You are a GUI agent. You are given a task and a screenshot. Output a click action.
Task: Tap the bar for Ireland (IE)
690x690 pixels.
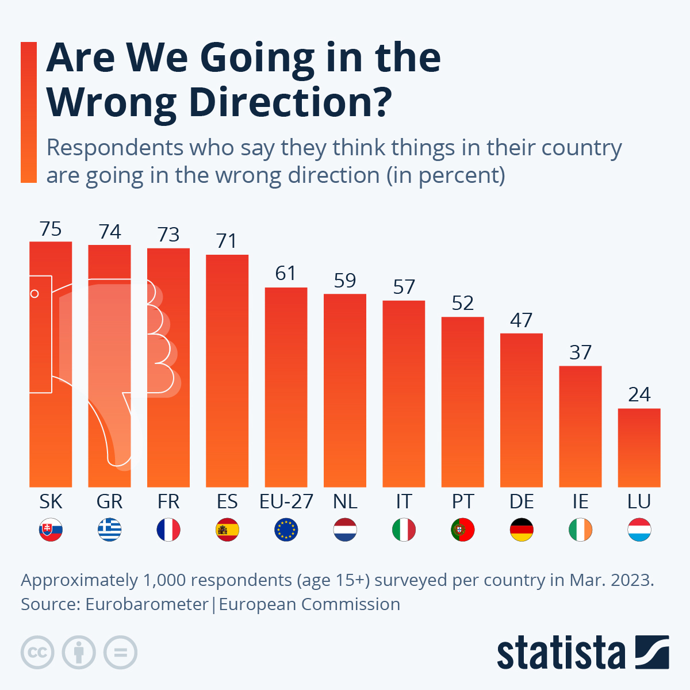580,426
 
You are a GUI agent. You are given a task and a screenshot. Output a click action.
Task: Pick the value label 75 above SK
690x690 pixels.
51,229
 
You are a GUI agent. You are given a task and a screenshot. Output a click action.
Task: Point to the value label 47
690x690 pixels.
521,320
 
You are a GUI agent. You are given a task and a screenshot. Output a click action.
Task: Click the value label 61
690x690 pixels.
286,273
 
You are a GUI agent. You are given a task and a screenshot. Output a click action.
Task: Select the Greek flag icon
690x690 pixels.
109,530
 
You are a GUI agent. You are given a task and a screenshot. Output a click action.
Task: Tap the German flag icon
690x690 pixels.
521,530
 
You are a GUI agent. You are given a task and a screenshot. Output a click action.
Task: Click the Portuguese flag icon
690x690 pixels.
462,530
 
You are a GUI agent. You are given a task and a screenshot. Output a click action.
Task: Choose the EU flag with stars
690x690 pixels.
286,530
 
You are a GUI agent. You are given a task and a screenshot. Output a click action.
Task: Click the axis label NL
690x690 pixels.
345,501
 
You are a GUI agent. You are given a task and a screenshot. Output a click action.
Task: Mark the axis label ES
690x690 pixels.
227,501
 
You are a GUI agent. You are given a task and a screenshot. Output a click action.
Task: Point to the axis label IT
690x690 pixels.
404,501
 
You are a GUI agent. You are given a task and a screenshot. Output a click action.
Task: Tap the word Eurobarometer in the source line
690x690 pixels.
147,604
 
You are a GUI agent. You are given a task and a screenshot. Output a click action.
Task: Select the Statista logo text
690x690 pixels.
561,653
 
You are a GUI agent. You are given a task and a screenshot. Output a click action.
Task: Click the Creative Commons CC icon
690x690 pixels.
37,653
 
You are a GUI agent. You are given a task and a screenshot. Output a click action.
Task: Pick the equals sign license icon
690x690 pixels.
120,653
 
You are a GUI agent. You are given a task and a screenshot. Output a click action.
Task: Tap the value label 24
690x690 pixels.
639,394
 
